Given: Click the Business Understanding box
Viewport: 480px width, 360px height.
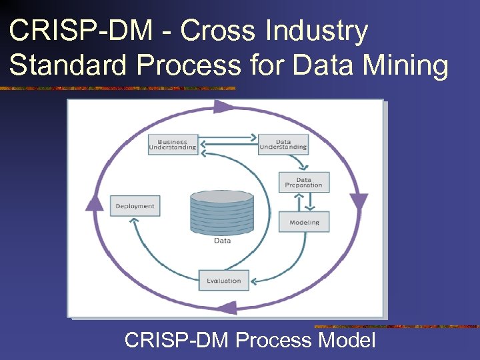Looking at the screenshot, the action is click(173, 145).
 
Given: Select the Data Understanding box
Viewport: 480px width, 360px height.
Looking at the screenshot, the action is click(283, 145).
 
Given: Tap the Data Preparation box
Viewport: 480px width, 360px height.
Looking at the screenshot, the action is click(304, 182).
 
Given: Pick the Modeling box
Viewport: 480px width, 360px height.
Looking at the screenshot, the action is click(304, 222).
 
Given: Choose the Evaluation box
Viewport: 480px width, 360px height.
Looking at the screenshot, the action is click(224, 281).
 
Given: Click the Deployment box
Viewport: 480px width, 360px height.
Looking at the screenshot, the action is click(135, 206).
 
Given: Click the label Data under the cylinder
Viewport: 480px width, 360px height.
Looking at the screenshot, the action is click(223, 241).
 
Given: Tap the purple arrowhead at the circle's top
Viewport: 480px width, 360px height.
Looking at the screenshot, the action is click(223, 107).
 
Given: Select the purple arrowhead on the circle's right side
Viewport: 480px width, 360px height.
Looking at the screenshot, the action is click(359, 201).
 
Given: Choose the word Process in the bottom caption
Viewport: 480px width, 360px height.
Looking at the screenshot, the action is click(273, 341).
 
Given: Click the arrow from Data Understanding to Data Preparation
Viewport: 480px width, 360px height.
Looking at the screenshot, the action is click(304, 162).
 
